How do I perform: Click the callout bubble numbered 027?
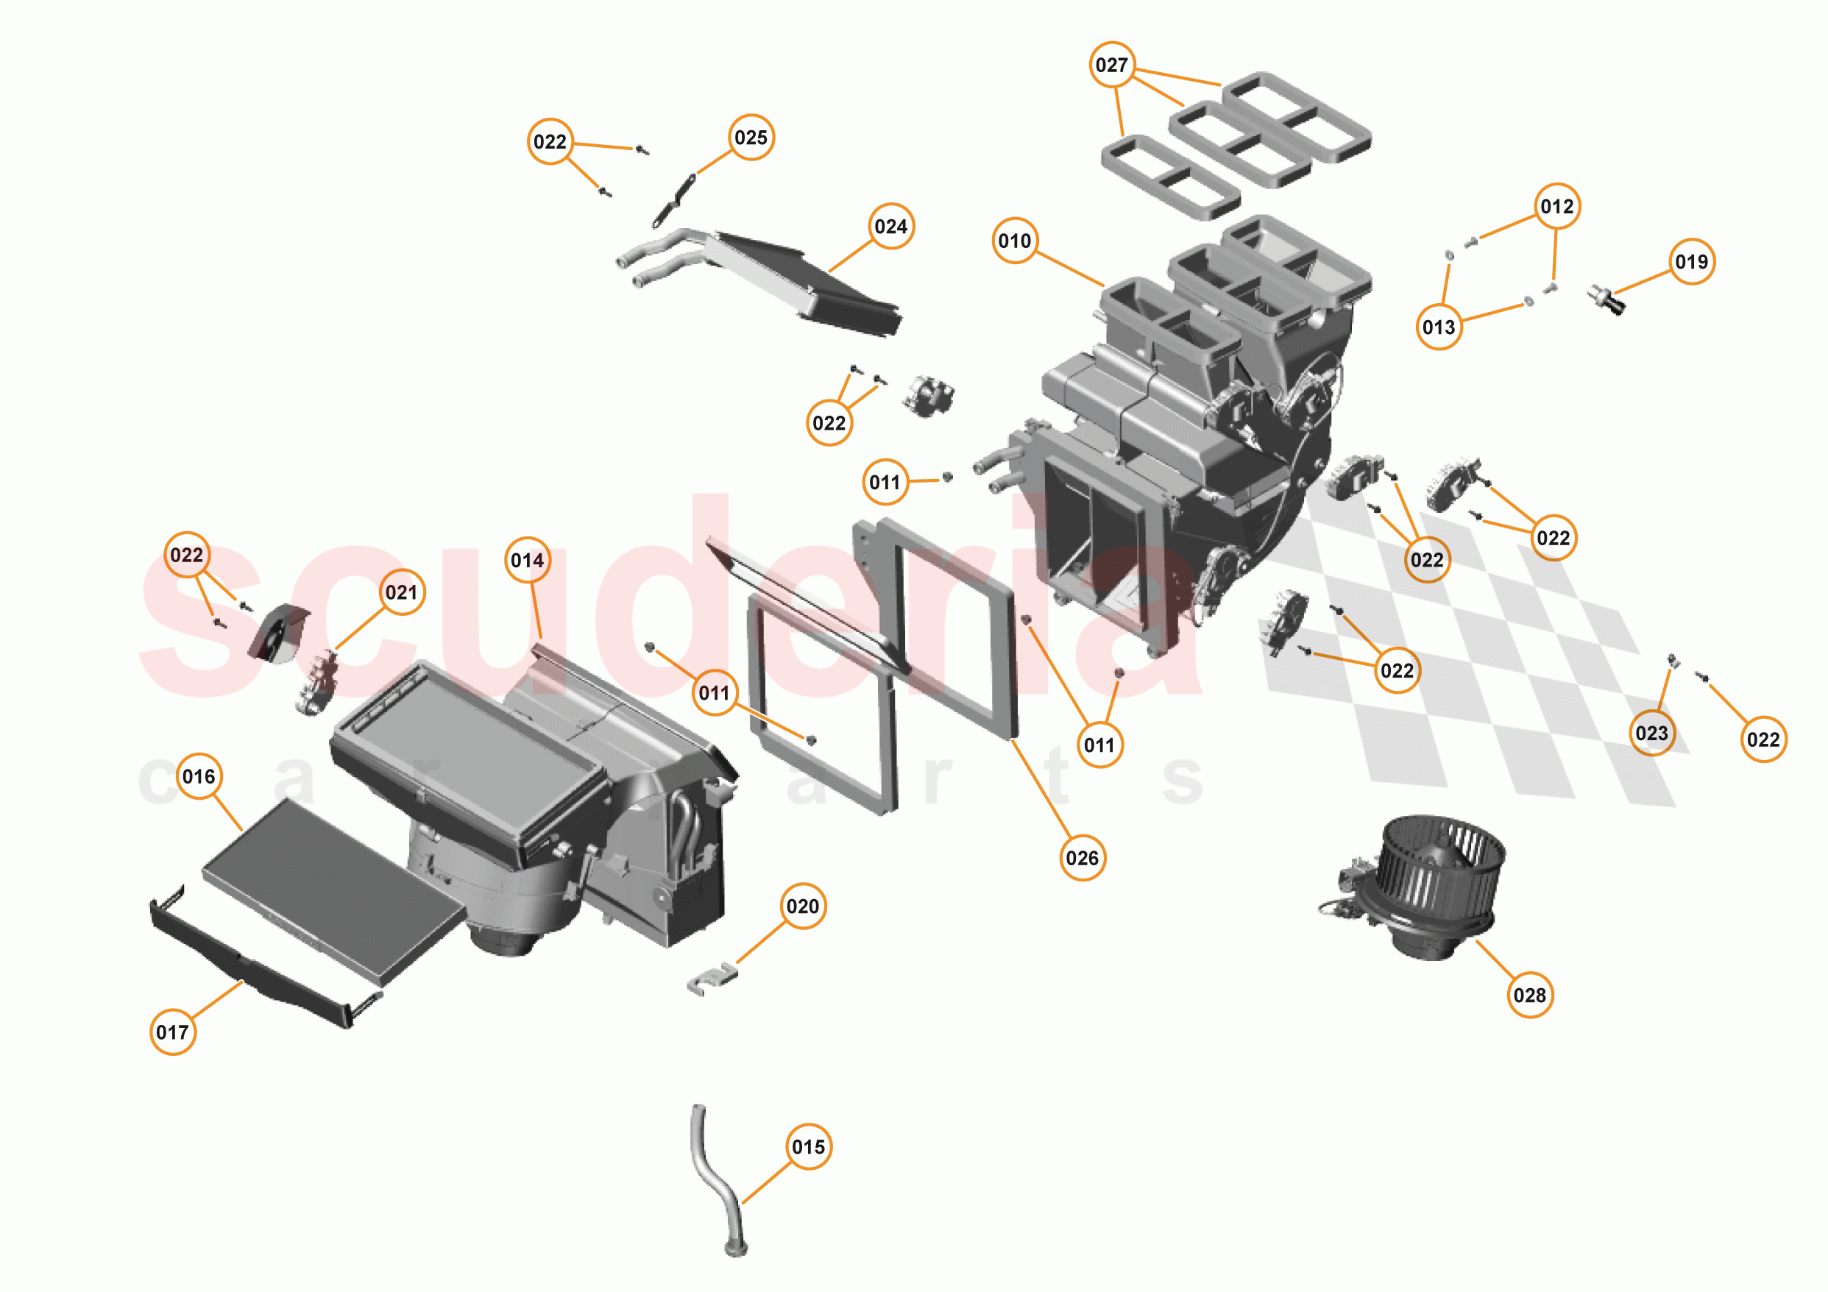[1111, 65]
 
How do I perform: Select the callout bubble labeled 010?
[1014, 241]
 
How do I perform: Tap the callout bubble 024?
[891, 226]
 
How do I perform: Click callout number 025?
[751, 137]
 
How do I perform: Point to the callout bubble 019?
[1691, 261]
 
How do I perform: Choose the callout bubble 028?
[1529, 994]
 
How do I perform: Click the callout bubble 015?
[808, 1146]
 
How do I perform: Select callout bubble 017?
[173, 1032]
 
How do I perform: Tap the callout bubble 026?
[1082, 857]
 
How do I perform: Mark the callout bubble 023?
[1651, 732]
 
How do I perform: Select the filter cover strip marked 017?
[255, 963]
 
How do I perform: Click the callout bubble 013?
[1439, 327]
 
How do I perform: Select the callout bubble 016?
[198, 775]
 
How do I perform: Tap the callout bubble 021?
[401, 592]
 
